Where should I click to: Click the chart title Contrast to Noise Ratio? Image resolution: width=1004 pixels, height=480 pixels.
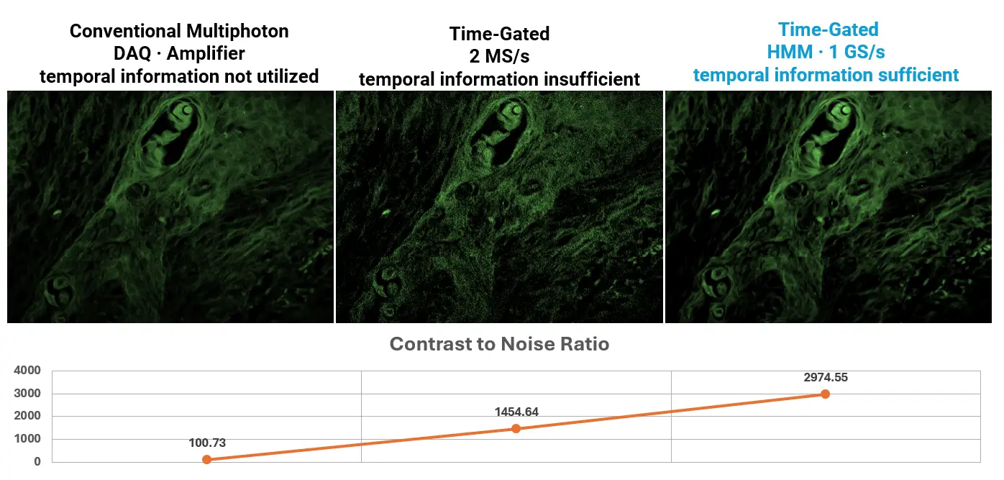click(x=499, y=345)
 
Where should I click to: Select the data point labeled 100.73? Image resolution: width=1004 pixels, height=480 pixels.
click(x=206, y=459)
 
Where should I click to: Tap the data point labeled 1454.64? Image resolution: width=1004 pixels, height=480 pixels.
click(x=516, y=429)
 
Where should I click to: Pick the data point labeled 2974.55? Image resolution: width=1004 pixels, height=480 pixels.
click(x=825, y=394)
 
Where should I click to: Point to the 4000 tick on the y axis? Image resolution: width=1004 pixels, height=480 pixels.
click(x=27, y=371)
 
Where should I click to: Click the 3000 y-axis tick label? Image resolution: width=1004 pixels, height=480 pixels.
click(x=27, y=394)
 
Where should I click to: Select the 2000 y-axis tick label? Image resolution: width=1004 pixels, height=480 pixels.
click(x=27, y=416)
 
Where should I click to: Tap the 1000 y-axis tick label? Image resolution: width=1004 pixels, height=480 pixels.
click(x=27, y=439)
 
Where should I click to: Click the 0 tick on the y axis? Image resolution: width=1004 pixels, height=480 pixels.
click(x=37, y=462)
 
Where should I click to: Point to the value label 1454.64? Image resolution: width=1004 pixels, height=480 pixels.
click(x=516, y=412)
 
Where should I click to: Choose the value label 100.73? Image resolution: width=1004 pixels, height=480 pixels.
click(x=206, y=443)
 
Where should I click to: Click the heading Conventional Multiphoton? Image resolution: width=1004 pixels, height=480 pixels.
click(x=179, y=31)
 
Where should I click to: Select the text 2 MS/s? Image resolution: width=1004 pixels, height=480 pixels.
click(x=499, y=56)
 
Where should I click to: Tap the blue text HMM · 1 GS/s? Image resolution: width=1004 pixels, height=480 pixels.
click(x=825, y=53)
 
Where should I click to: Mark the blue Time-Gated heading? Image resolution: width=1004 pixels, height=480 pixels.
click(x=828, y=30)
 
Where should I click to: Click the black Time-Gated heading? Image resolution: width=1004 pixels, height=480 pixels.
click(x=499, y=34)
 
